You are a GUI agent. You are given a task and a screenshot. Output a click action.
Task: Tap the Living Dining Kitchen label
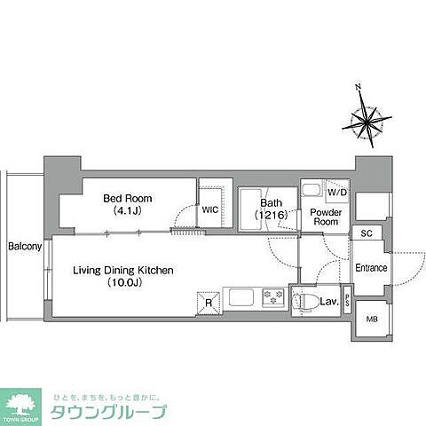[111, 270]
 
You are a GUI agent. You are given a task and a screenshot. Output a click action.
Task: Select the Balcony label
[24, 246]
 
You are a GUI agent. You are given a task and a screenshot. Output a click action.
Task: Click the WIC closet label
[209, 210]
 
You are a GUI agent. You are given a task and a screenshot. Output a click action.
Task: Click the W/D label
[336, 193]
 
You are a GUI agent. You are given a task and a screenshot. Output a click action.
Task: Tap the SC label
[366, 233]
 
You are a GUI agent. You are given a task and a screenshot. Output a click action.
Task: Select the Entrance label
[371, 267]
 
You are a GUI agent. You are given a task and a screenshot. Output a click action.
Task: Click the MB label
[371, 319]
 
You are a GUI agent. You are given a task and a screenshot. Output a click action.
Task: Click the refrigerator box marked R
[208, 302]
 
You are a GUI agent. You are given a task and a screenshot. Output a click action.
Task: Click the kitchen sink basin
[241, 297]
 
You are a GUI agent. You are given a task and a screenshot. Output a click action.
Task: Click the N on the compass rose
[359, 87]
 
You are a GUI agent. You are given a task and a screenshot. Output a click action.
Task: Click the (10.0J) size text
[111, 282]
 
